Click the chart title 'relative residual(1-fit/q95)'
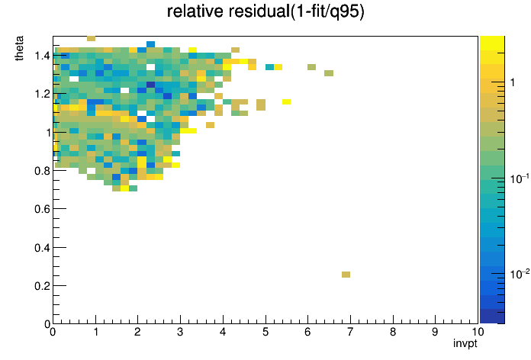pyautogui.click(x=265, y=11)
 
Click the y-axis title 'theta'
pyautogui.click(x=19, y=48)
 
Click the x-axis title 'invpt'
pyautogui.click(x=465, y=343)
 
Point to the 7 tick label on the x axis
pyautogui.click(x=350, y=332)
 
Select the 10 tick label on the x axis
pyautogui.click(x=478, y=332)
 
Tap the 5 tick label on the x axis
pyautogui.click(x=265, y=332)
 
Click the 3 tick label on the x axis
pyautogui.click(x=180, y=332)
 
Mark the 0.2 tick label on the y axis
pyautogui.click(x=42, y=286)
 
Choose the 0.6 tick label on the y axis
pyautogui.click(x=42, y=209)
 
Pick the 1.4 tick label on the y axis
pyautogui.click(x=42, y=56)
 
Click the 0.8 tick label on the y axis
pyautogui.click(x=42, y=171)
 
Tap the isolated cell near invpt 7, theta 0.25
pyautogui.click(x=346, y=275)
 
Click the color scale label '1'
pyautogui.click(x=513, y=82)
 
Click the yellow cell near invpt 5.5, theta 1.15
pyautogui.click(x=287, y=101)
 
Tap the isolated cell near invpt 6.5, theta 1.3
pyautogui.click(x=329, y=73)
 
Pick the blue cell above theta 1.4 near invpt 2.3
pyautogui.click(x=151, y=44)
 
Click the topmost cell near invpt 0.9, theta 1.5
pyautogui.click(x=91, y=38)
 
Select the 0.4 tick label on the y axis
pyautogui.click(x=42, y=248)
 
